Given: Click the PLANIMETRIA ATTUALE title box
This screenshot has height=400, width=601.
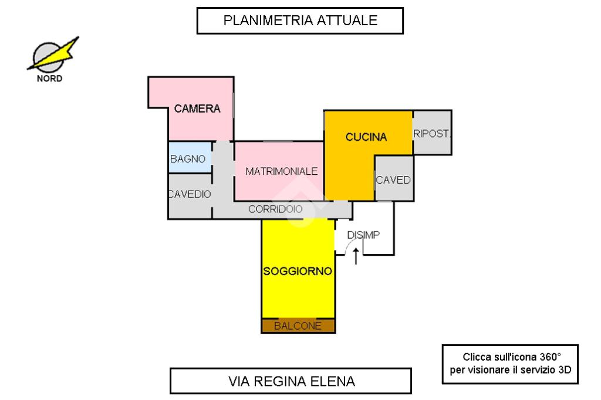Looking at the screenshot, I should click(x=299, y=21).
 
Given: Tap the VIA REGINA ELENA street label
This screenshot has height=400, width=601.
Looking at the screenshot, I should click(x=291, y=381).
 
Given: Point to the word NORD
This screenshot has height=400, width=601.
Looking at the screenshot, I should click(x=49, y=79).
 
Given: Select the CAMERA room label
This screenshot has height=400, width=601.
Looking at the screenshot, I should click(x=197, y=109).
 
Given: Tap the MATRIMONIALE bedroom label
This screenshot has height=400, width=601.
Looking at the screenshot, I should click(x=282, y=171).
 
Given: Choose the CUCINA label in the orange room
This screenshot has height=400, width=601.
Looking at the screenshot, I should click(x=366, y=137).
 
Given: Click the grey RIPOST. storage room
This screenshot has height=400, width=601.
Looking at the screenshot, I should click(x=433, y=133).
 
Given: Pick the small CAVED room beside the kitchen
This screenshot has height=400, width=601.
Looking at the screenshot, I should click(x=393, y=179).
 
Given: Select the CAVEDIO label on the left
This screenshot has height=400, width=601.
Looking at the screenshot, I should click(x=190, y=195).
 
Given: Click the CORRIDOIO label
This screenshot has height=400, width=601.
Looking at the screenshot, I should click(x=275, y=209).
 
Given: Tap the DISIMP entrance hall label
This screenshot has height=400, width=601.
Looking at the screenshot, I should click(x=364, y=235).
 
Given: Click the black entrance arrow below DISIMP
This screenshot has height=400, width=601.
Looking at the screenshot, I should click(x=356, y=256).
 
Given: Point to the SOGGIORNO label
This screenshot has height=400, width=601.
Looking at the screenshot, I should click(x=298, y=272).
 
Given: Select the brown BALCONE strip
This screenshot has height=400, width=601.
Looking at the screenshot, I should click(x=298, y=326).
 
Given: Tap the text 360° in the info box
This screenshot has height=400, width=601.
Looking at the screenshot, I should click(x=550, y=357).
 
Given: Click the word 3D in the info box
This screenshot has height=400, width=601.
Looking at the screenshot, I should click(x=564, y=370).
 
